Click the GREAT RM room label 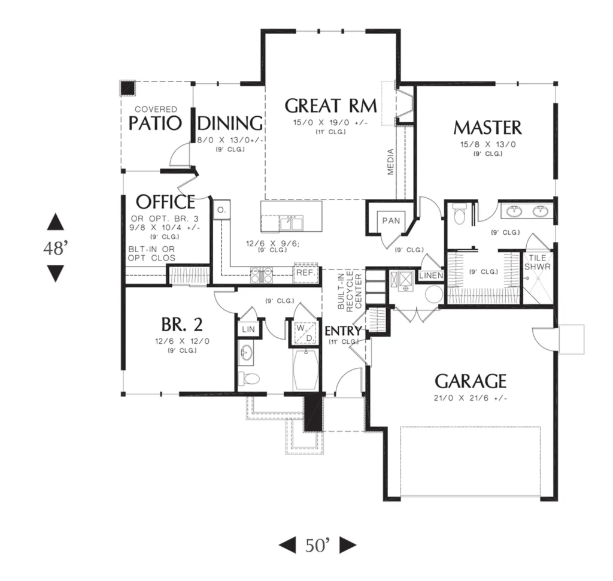coord(330,105)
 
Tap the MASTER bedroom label coord(487,128)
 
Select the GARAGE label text coord(471,381)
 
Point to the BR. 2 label coord(182,325)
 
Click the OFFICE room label coord(165,202)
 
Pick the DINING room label coord(230,123)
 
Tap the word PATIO coord(155,123)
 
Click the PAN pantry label coord(391,220)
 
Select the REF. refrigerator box coord(306,273)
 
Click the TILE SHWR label coord(537,262)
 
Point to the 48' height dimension coord(56,248)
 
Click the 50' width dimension coord(317,546)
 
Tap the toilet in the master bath coord(459,214)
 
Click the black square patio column coord(128,89)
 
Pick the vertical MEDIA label coord(390,162)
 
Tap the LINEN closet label coord(431,276)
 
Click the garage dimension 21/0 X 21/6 coord(471,398)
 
